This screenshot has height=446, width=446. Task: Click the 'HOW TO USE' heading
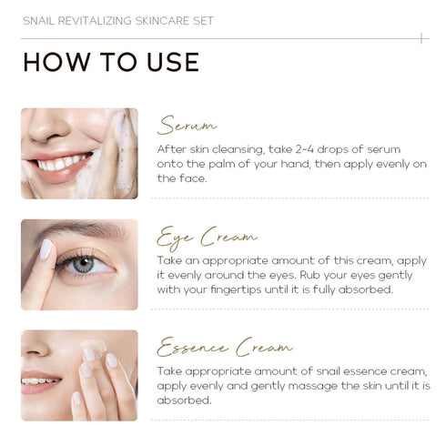point(110,62)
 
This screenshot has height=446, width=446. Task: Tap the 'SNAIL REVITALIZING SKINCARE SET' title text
point(117,20)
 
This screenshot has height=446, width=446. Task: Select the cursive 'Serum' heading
point(187,125)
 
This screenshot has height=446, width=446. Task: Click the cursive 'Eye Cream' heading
point(207,238)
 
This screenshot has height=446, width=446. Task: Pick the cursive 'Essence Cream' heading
point(224,348)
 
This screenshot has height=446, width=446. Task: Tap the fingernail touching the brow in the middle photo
point(44,249)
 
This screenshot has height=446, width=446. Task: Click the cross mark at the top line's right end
point(421,38)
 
